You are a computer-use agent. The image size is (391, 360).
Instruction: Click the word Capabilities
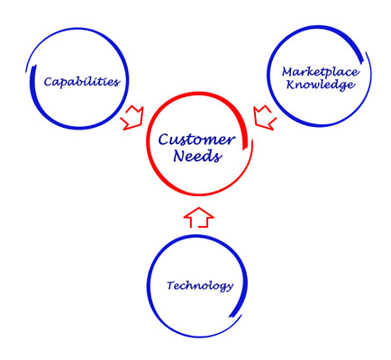click(82, 82)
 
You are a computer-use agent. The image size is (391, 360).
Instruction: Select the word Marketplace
click(320, 72)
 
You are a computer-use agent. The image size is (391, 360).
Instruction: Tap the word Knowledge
click(320, 85)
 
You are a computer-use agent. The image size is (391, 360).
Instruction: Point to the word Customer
click(196, 140)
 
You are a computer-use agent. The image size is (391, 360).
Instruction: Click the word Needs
click(197, 156)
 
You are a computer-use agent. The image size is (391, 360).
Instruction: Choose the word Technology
click(200, 285)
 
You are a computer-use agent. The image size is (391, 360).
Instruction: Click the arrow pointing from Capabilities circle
click(132, 118)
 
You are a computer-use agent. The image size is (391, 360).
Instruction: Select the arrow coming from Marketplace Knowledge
click(265, 118)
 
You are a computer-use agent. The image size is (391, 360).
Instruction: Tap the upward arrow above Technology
click(198, 217)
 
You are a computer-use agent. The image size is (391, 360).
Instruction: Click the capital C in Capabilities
click(49, 82)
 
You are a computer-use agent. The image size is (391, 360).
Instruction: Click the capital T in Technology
click(171, 285)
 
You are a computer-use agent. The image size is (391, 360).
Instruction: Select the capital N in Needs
click(179, 156)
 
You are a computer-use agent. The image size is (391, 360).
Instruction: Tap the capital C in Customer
click(164, 140)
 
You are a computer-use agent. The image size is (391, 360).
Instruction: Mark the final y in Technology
click(230, 287)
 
